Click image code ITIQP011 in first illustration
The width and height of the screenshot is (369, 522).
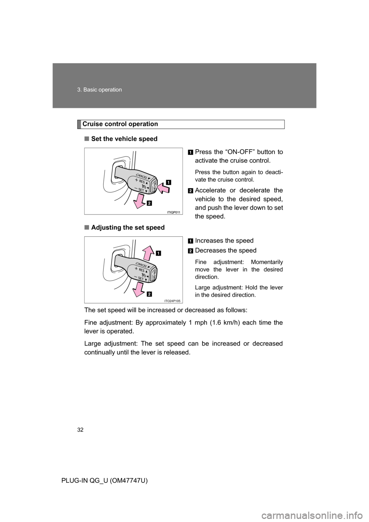coord(174,212)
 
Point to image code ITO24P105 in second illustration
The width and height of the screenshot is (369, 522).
coord(174,301)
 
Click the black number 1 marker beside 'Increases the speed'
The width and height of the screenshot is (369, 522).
coord(191,241)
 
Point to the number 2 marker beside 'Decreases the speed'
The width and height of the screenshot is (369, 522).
coord(191,251)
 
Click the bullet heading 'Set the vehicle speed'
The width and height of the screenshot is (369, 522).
coord(124,139)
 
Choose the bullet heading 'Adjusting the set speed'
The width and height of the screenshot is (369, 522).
coord(128,228)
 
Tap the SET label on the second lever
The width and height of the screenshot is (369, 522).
coord(141,279)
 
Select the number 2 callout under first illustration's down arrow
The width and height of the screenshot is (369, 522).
coord(149,203)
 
